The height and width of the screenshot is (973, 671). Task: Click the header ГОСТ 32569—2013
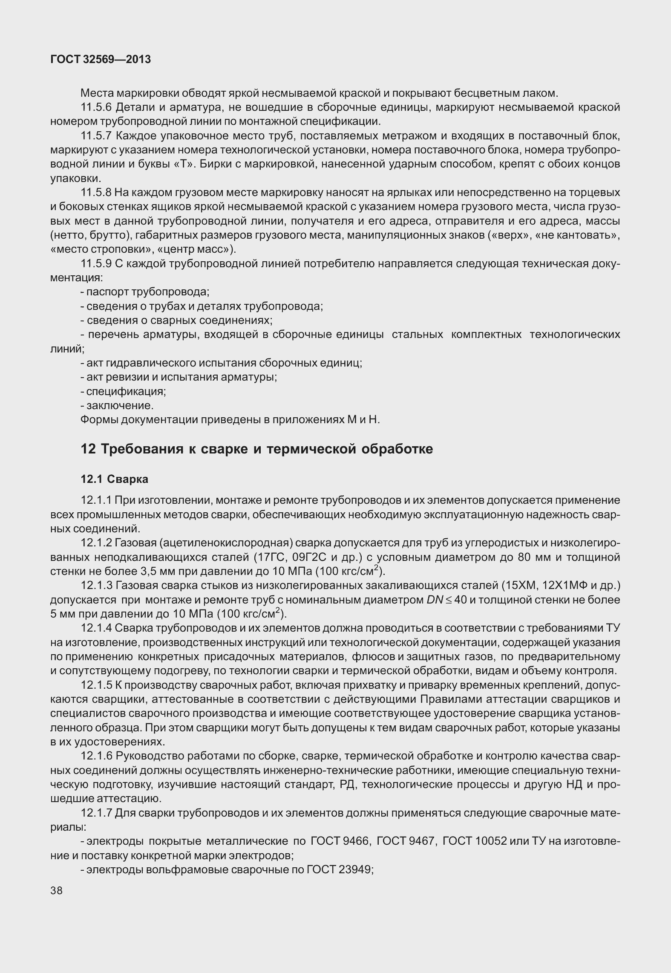pos(101,60)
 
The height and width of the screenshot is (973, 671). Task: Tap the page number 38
pos(56,890)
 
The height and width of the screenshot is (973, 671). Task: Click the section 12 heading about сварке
pos(256,449)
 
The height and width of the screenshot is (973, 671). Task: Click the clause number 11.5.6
pos(96,107)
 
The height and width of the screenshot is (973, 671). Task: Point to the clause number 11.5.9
pos(96,264)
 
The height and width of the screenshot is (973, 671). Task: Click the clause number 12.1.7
pos(96,813)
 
